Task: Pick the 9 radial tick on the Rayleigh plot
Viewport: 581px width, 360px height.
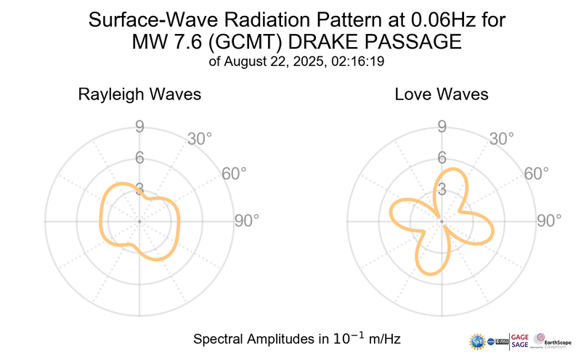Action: (x=139, y=128)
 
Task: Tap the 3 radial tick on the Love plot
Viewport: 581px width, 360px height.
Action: (x=441, y=189)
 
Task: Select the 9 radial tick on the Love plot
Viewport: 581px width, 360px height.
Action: (x=441, y=128)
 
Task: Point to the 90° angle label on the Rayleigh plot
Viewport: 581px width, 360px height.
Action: (x=246, y=221)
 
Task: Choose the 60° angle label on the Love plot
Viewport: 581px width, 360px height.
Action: (x=536, y=173)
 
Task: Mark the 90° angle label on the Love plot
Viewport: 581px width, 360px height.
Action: (x=548, y=221)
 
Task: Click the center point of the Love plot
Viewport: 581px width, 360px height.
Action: (x=441, y=221)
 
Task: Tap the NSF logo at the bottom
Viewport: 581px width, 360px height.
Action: (x=479, y=340)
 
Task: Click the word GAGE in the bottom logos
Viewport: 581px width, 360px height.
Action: (x=520, y=336)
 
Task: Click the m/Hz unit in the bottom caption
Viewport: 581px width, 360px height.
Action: (x=384, y=339)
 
